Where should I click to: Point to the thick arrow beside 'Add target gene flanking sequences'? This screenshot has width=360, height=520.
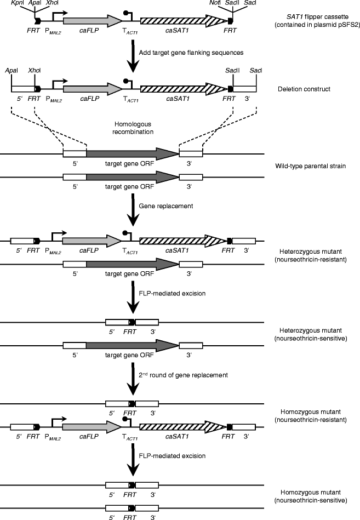pos(132,52)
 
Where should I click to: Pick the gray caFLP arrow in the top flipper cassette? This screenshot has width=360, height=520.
pos(93,20)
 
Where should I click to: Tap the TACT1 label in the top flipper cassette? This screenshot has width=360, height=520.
pos(130,33)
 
